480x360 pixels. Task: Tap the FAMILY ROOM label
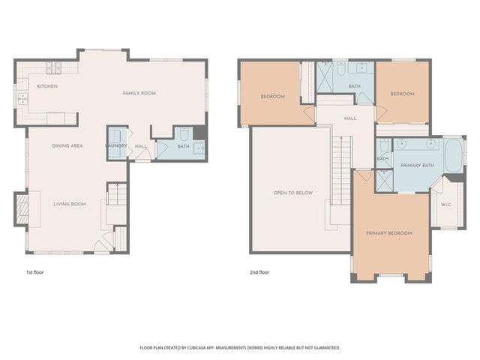click(x=139, y=93)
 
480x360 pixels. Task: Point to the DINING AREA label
click(x=67, y=145)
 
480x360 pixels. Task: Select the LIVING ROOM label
click(x=68, y=204)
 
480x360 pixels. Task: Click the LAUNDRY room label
click(x=116, y=145)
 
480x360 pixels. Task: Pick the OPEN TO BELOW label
click(x=292, y=193)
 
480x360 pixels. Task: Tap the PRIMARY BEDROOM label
click(x=388, y=233)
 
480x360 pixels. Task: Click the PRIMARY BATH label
click(x=417, y=165)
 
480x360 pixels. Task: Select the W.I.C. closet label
click(x=446, y=204)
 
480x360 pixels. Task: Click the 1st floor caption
click(x=34, y=272)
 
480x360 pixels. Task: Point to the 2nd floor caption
click(x=259, y=272)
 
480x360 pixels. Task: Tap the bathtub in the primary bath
click(x=454, y=157)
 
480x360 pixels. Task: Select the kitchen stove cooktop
click(x=52, y=68)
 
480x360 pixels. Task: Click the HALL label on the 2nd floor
click(x=349, y=118)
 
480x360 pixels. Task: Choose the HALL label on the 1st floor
click(x=140, y=146)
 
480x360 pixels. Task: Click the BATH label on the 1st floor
click(x=183, y=146)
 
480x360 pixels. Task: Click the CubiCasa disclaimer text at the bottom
click(x=240, y=348)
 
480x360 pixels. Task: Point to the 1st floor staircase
click(x=116, y=197)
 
